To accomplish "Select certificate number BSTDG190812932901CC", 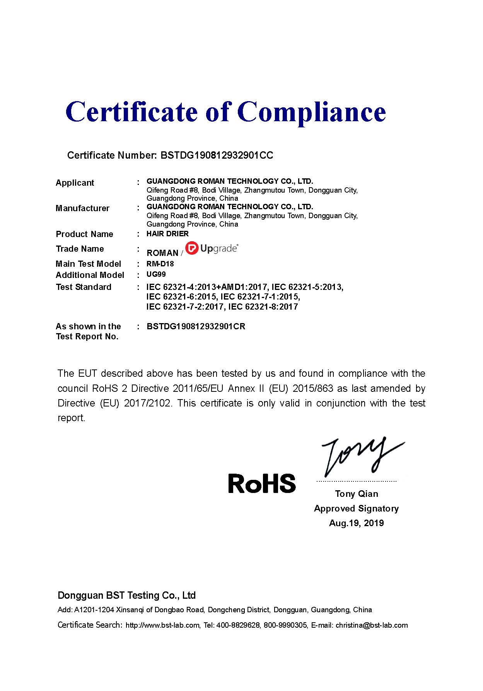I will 217,155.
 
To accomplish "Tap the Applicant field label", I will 75,183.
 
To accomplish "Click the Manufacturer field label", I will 82,208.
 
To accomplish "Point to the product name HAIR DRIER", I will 167,234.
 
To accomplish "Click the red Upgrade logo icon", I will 191,248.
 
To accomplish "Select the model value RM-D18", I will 160,264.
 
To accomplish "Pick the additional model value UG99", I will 156,274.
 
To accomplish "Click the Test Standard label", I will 84,287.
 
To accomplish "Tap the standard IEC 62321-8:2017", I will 263,307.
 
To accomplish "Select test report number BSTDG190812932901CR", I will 196,327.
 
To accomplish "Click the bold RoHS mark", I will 262,483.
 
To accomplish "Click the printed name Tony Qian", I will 357,494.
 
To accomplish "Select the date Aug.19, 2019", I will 356,523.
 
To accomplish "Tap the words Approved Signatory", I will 356,508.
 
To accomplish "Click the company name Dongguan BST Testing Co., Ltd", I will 126,595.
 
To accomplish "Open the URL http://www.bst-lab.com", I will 162,625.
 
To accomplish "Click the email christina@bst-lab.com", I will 372,625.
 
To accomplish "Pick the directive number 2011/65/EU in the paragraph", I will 198,388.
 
